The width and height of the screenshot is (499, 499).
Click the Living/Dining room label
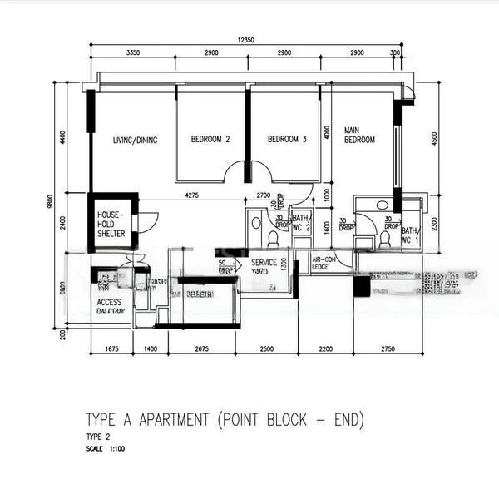136,140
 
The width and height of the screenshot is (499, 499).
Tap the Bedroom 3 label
287,140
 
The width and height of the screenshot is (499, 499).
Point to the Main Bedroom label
359,135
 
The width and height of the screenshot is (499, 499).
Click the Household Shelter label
111,223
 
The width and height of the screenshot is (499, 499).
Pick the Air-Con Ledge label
325,264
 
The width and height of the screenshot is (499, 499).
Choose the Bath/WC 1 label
410,235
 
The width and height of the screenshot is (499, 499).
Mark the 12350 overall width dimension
245,39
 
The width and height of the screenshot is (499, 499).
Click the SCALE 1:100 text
105,449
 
